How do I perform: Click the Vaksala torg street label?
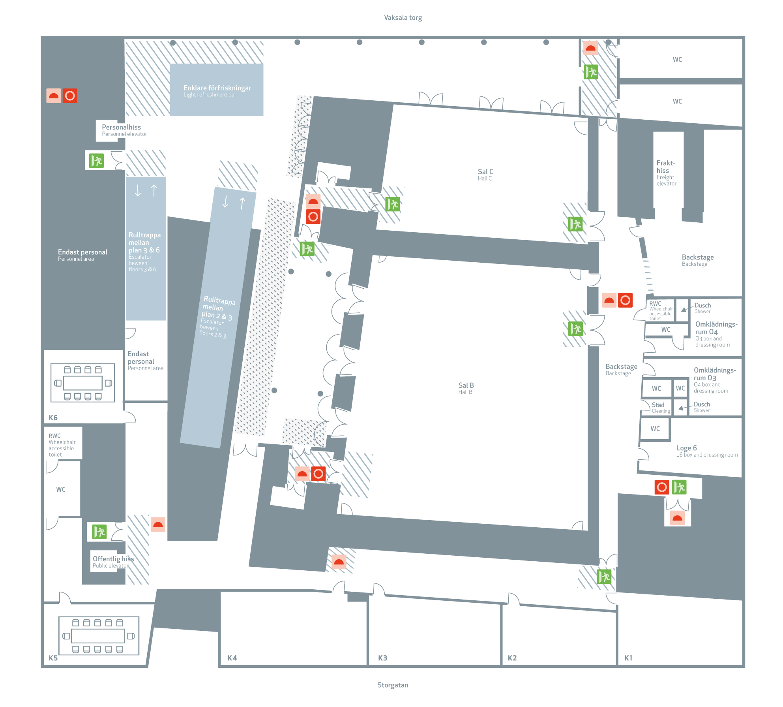click(x=403, y=17)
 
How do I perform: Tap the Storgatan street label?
click(x=393, y=685)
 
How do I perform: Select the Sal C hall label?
click(x=485, y=174)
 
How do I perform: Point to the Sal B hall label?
click(x=466, y=388)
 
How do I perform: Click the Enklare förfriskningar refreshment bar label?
click(x=217, y=90)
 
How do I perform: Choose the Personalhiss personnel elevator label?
click(x=124, y=130)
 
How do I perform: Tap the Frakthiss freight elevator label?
click(x=666, y=173)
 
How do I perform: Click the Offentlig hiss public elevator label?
click(x=113, y=562)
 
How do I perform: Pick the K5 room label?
click(x=53, y=658)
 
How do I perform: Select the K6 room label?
click(x=53, y=417)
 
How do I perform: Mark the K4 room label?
click(x=232, y=658)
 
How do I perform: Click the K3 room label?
click(x=382, y=658)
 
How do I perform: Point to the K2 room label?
click(x=512, y=658)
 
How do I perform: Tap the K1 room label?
click(x=628, y=658)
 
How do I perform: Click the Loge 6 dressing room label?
click(x=706, y=451)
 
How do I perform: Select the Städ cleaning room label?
click(x=660, y=407)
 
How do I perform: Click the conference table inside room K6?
click(x=83, y=383)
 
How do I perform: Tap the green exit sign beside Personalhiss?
click(x=96, y=161)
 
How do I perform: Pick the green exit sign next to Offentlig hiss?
click(x=99, y=532)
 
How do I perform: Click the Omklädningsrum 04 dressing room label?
click(x=716, y=334)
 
